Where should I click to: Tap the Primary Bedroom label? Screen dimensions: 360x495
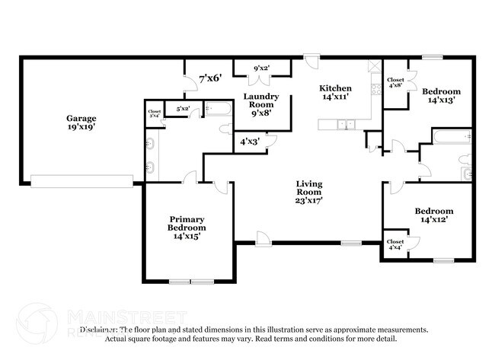pyautogui.click(x=187, y=227)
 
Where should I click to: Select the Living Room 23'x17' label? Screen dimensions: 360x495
pyautogui.click(x=309, y=192)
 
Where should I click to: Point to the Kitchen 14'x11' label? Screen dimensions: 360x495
pyautogui.click(x=335, y=93)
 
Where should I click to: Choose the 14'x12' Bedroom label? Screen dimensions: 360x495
pyautogui.click(x=433, y=215)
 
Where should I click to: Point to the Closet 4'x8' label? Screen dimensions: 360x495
pyautogui.click(x=395, y=82)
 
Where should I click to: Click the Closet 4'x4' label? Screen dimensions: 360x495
pyautogui.click(x=395, y=244)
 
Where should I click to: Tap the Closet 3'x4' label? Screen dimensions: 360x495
pyautogui.click(x=154, y=113)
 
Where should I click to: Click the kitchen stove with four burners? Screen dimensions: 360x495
pyautogui.click(x=375, y=90)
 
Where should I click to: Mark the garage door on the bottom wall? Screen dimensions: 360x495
pyautogui.click(x=81, y=182)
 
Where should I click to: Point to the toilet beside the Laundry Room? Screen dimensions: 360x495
pyautogui.click(x=226, y=129)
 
